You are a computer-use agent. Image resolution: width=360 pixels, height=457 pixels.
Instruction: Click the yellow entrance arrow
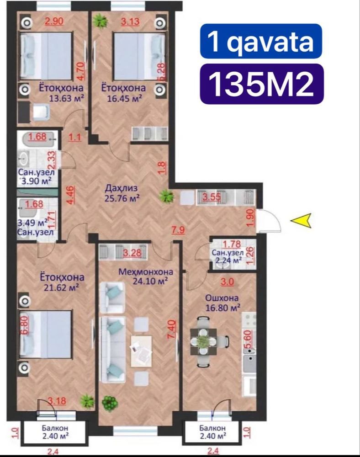coord(301,220)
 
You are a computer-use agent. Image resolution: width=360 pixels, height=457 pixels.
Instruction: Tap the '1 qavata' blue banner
coord(261,41)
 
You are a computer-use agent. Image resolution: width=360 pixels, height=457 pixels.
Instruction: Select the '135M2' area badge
coord(262,84)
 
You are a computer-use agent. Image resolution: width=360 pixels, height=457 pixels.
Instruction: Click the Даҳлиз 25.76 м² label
coord(122,193)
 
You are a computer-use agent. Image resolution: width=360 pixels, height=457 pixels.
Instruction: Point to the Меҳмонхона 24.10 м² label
coord(146,276)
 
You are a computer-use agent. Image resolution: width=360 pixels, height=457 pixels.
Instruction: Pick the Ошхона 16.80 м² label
coord(223,303)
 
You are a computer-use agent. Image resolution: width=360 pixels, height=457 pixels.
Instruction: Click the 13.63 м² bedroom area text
coord(67,98)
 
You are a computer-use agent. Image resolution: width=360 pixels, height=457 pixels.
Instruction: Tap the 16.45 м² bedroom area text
coord(125,98)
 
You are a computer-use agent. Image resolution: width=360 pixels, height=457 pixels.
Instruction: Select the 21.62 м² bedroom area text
coord(62,287)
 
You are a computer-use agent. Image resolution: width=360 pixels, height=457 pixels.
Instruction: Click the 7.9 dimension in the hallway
coord(178,230)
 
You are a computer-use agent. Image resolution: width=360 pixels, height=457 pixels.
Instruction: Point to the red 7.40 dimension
coord(172,329)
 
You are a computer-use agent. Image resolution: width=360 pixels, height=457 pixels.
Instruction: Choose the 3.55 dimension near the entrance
coord(212,197)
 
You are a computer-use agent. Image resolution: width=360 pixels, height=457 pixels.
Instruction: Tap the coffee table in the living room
coord(141,351)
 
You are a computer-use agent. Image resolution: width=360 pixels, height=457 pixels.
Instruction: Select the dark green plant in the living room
coord(110,404)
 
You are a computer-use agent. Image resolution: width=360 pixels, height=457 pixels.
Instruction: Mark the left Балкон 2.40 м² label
coord(55,432)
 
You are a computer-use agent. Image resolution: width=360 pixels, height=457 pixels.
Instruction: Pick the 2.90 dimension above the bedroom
coord(54,21)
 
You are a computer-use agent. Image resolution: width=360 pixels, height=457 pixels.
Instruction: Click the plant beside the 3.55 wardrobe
coord(167,196)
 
